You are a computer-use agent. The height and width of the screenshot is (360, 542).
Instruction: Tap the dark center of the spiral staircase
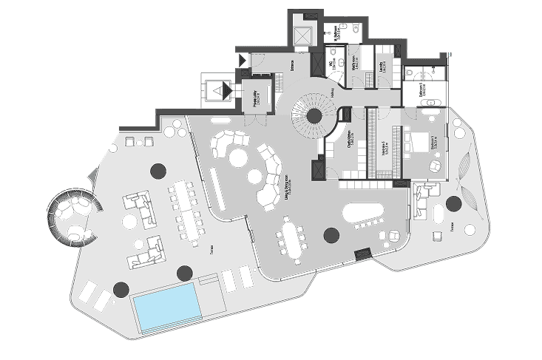click(x=314, y=115)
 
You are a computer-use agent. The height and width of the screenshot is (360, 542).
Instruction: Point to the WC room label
click(x=332, y=65)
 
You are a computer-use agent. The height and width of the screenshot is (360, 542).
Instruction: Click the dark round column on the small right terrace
click(x=454, y=203)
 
